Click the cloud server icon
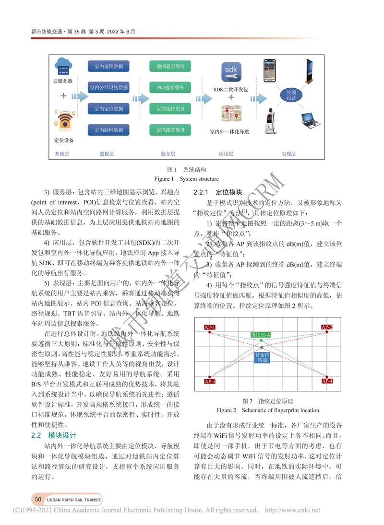(63, 65)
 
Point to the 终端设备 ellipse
(291, 95)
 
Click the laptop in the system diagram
(310, 118)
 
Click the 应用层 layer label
(226, 154)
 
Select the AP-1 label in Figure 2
(210, 327)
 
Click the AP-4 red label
(327, 381)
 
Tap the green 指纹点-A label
(261, 334)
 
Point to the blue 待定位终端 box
(261, 357)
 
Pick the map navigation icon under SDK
(231, 113)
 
